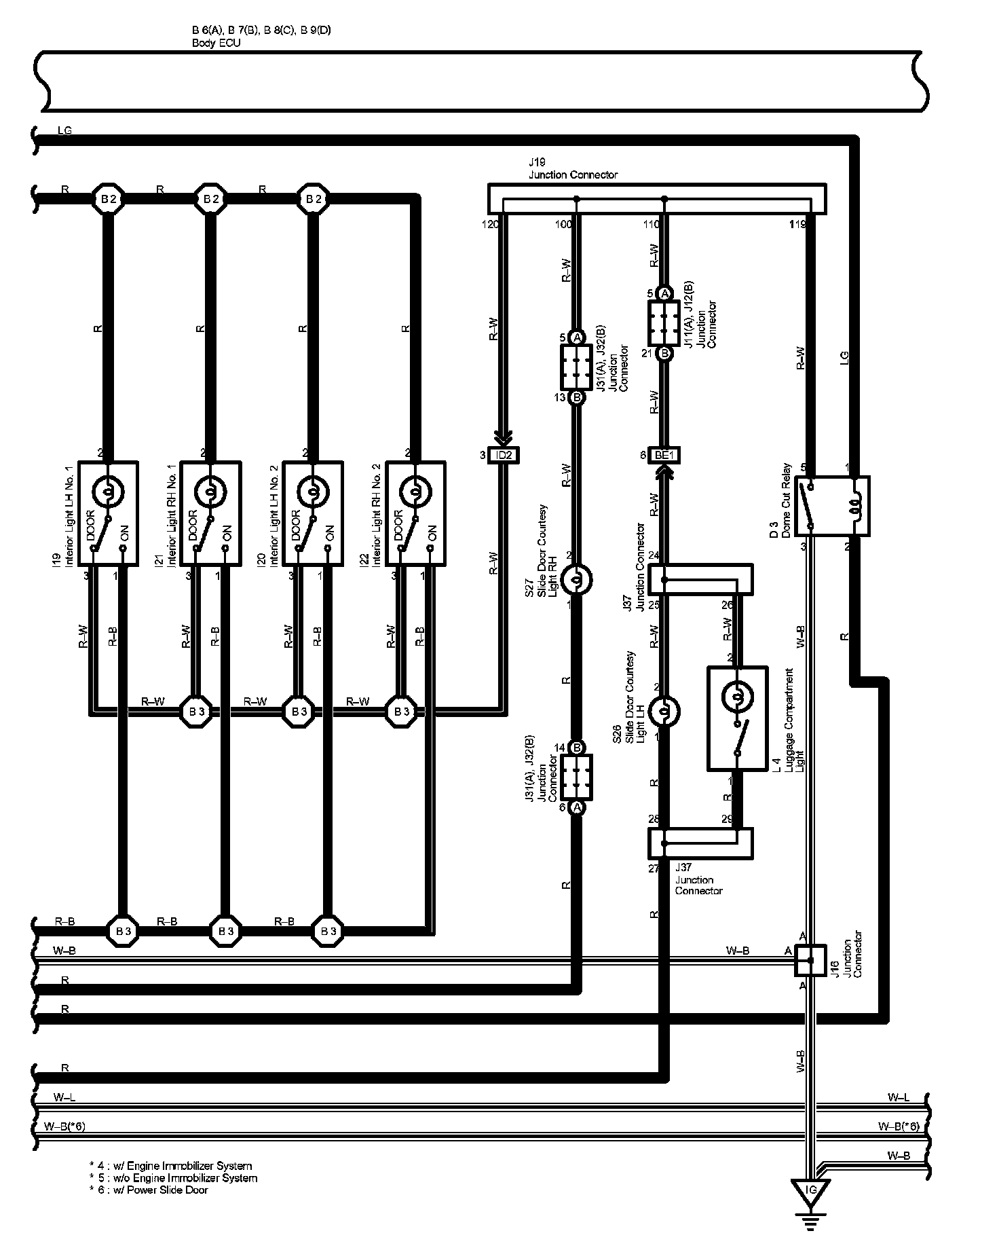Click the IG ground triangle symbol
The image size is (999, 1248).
tap(810, 1190)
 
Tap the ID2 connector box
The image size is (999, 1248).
tap(503, 455)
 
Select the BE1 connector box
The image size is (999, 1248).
tap(664, 455)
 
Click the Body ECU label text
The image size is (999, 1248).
tap(216, 43)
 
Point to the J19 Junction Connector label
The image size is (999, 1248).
tap(573, 169)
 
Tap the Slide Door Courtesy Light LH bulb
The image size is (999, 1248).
tap(664, 712)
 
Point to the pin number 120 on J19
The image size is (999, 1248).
tap(490, 224)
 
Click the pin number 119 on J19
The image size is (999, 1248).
tap(798, 224)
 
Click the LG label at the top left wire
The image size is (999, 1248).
tap(64, 130)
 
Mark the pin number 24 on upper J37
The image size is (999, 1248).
tap(654, 555)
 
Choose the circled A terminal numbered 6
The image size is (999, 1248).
tap(576, 807)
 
